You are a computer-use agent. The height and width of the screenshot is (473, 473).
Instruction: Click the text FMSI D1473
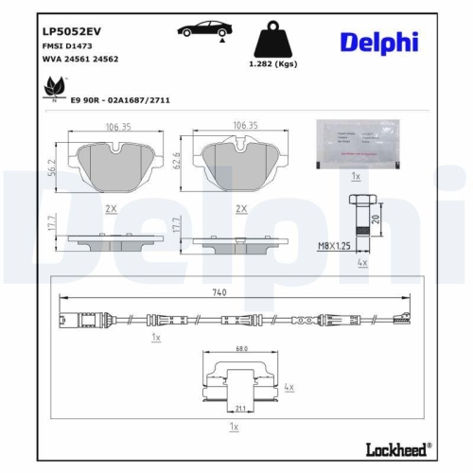(x=63, y=44)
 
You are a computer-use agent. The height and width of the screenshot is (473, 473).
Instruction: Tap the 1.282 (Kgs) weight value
(x=272, y=65)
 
